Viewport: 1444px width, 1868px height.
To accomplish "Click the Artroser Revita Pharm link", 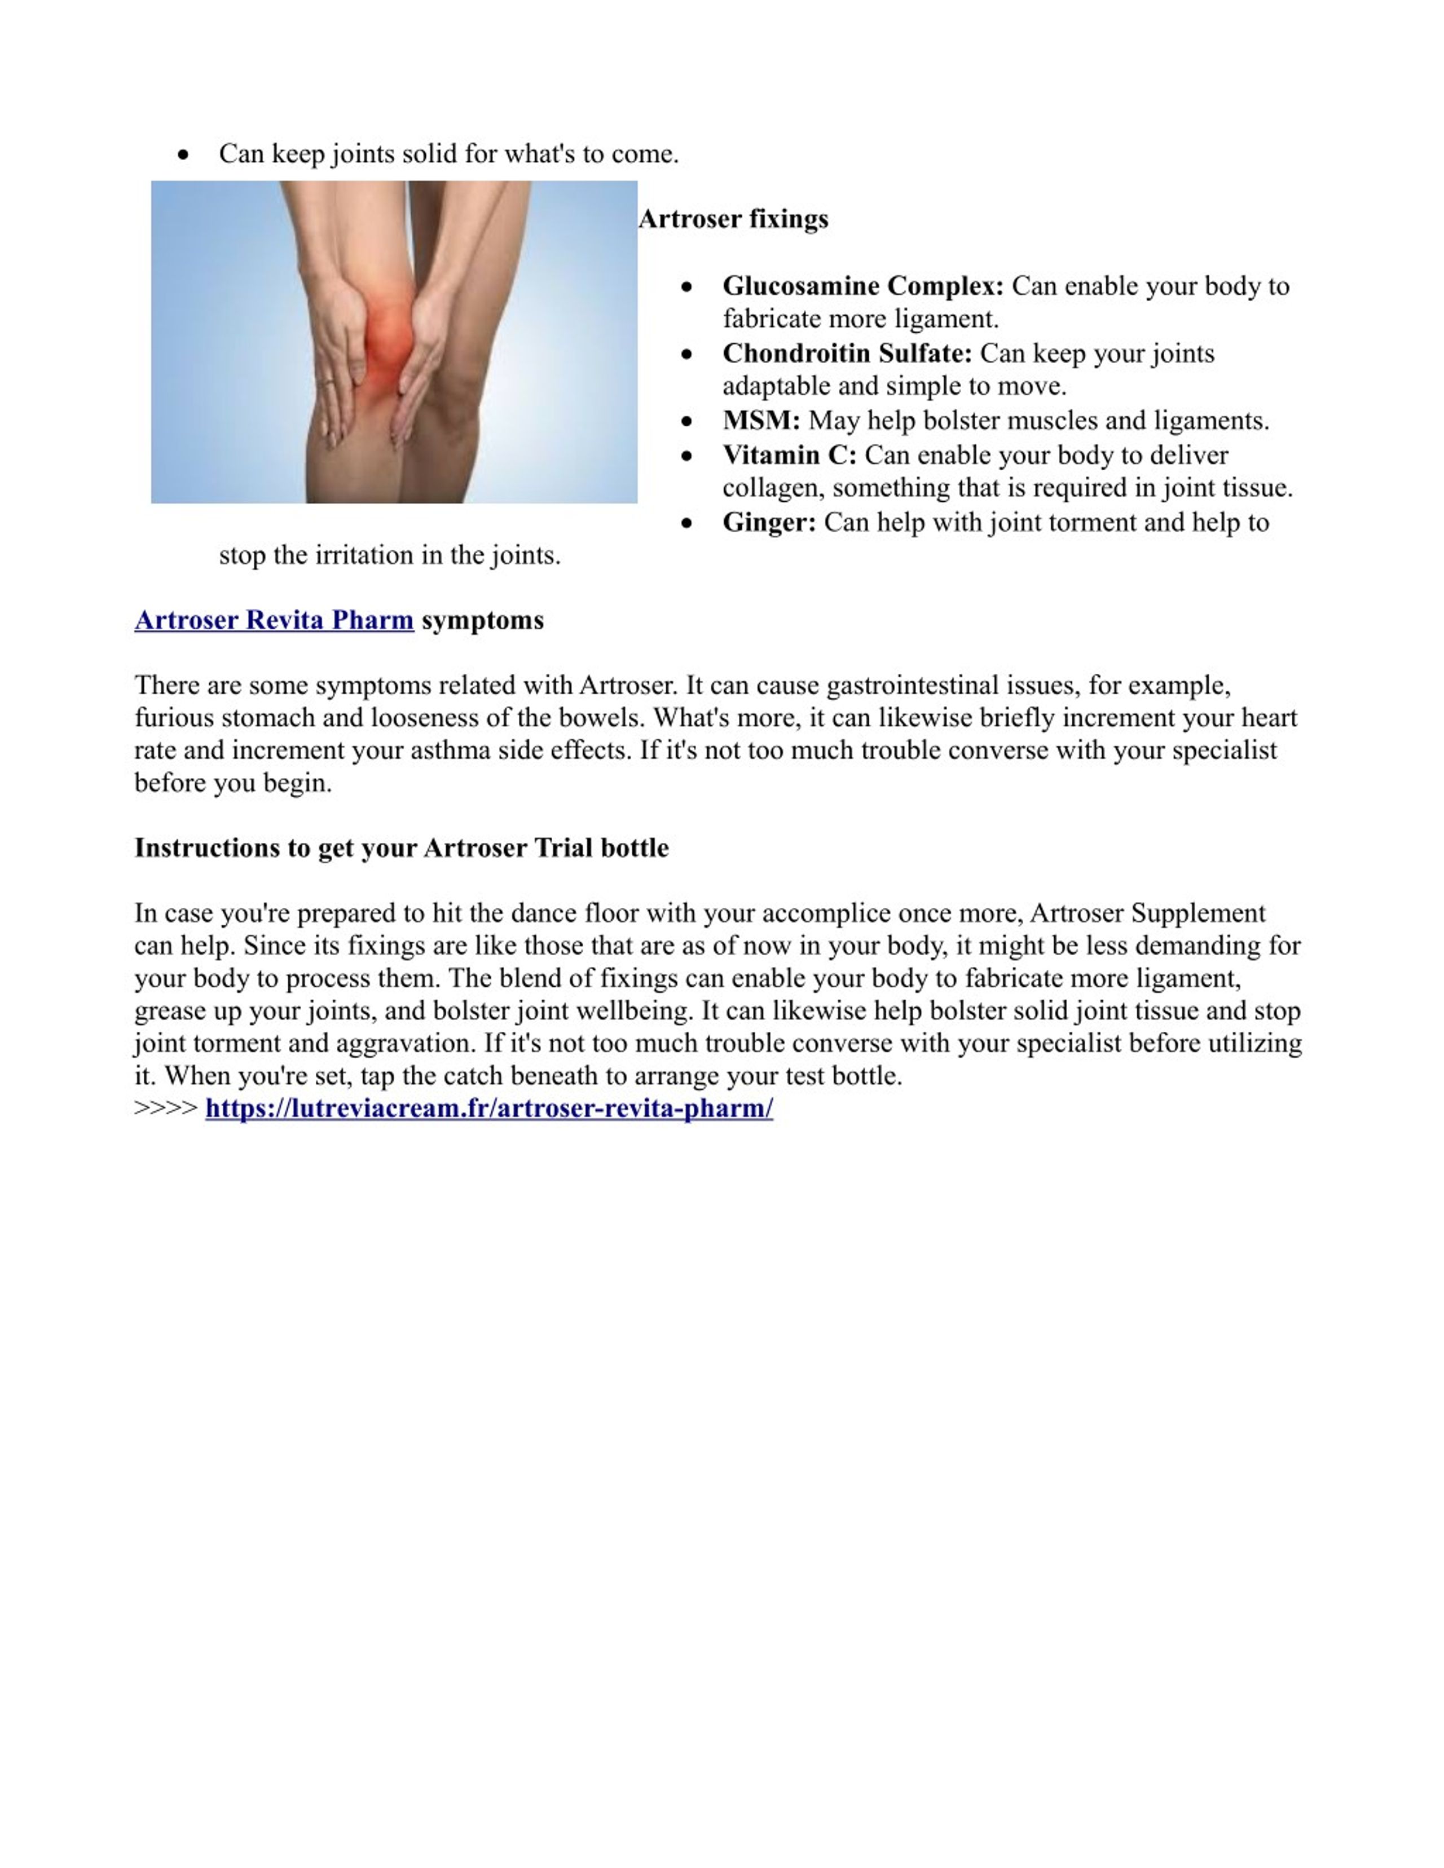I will (274, 620).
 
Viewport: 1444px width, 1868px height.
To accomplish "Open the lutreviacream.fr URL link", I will (488, 1109).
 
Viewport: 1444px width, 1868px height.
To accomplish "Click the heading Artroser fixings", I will (733, 219).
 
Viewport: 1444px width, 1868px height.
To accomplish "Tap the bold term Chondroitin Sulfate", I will (847, 353).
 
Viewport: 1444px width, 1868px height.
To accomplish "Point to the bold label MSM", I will (760, 421).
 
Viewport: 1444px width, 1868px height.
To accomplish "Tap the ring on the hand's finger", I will (328, 384).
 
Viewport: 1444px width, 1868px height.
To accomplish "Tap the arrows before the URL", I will (166, 1109).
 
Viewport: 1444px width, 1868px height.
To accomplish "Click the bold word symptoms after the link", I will (482, 620).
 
